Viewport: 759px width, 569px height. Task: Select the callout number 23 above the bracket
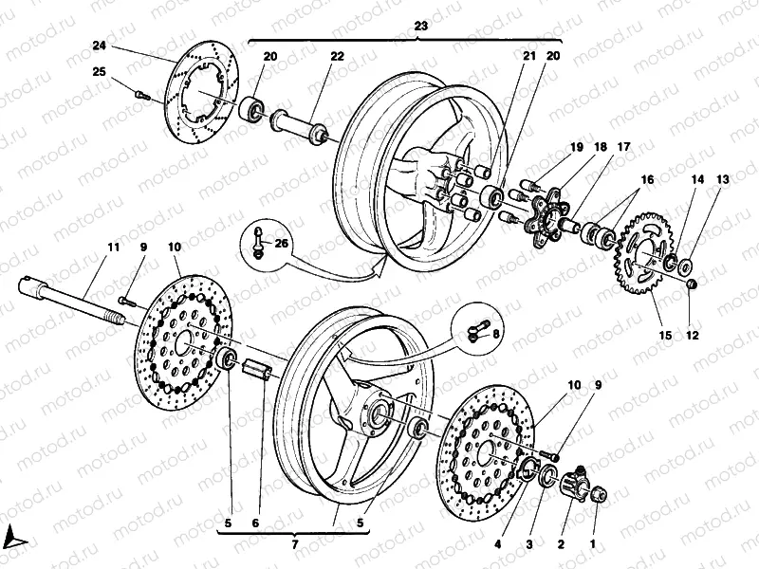(421, 28)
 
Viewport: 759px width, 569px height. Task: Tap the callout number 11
(114, 247)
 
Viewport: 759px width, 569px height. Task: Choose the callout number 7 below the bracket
(295, 544)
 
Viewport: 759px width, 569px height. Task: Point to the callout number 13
(723, 179)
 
